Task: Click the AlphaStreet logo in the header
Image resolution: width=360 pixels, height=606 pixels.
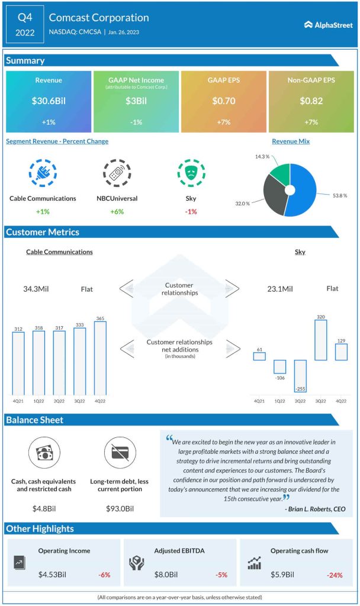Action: coord(328,25)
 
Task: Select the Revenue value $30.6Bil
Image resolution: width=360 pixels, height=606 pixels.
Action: coord(49,101)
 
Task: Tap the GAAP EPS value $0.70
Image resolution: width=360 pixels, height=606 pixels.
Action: coord(224,101)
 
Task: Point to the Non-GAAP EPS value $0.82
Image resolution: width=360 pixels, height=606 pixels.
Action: coord(311,101)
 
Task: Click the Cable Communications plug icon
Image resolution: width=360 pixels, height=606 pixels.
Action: coord(43,173)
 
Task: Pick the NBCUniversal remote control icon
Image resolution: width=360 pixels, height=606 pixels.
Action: coord(117,173)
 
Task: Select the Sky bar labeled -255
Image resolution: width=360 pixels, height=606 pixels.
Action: coord(300,376)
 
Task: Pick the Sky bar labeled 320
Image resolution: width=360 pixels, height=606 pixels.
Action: coord(321,340)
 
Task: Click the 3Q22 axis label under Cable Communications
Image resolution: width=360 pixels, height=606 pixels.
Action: coord(80,402)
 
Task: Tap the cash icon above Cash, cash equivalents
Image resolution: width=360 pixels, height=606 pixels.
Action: coord(44,453)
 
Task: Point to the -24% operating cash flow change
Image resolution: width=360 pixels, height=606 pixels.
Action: coord(335,575)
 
